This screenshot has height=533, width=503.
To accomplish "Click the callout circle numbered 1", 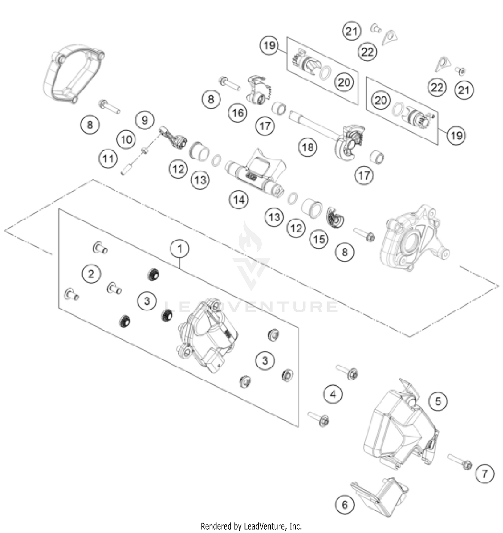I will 179,249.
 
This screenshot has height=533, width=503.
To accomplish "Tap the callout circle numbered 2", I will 91,274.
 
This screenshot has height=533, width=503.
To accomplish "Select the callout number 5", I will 438,401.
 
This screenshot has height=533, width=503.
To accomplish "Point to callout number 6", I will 345,504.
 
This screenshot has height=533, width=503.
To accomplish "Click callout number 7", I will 485,473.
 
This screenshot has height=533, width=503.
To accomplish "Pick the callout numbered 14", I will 239,200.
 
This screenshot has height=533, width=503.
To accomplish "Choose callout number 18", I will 308,147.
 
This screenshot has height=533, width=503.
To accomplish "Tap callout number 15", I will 319,239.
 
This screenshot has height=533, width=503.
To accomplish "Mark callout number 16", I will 238,113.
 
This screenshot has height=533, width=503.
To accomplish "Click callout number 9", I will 145,120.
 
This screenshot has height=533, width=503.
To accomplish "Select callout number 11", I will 108,158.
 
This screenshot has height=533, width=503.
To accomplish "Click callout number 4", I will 333,394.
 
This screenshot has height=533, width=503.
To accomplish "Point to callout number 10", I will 126,139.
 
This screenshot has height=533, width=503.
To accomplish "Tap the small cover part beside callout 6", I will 381,496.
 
